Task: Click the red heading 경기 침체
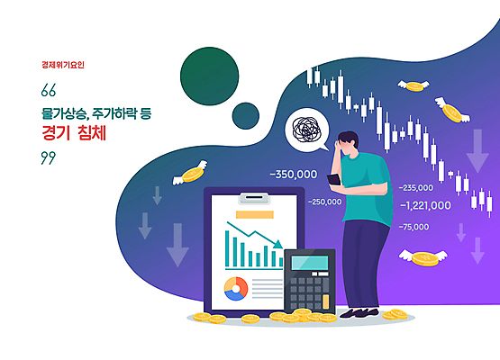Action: point(75,131)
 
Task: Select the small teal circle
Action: point(245,115)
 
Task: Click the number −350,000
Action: point(293,174)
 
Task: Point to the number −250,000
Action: point(324,202)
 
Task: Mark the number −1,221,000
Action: point(425,205)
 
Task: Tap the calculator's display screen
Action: point(309,263)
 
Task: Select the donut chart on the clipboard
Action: point(235,288)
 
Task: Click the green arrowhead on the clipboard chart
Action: point(279,242)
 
